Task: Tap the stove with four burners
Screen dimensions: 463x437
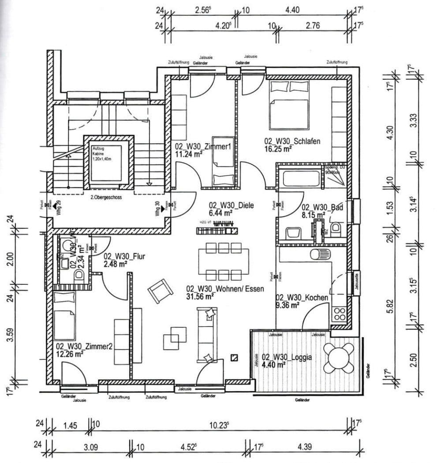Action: (340, 314)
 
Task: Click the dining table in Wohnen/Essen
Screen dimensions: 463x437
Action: (223, 261)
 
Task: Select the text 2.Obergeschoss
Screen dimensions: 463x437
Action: (105, 198)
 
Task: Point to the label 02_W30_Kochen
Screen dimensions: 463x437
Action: (302, 298)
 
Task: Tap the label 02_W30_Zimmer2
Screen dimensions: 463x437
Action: (84, 347)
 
